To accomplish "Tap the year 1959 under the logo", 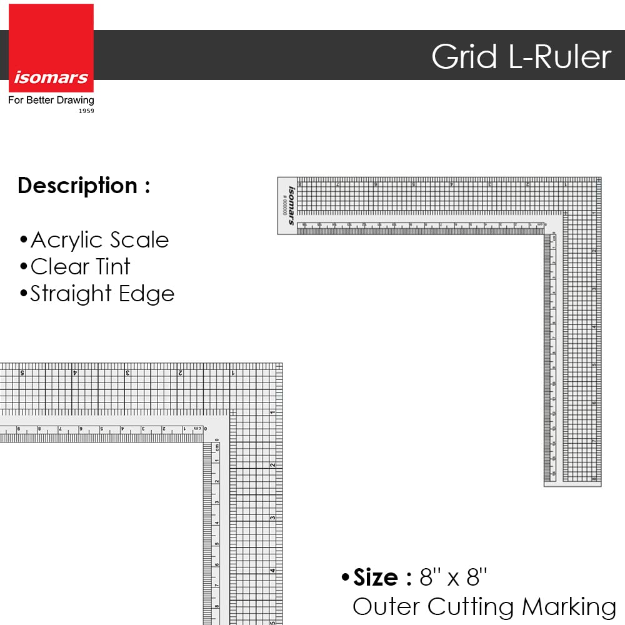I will pos(86,111).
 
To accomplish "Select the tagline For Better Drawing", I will pos(51,100).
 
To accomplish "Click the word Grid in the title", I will pos(464,57).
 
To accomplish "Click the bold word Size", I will pos(376,577).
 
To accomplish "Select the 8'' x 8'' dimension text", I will pos(453,577).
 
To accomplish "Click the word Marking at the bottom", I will pos(569,606).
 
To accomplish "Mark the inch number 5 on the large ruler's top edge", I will pos(22,372).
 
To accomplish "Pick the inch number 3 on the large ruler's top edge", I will pos(127,372).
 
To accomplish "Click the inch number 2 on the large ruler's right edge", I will pos(272,464).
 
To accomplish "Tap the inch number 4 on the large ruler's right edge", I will pos(272,569).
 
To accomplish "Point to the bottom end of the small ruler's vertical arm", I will pos(572,483).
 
